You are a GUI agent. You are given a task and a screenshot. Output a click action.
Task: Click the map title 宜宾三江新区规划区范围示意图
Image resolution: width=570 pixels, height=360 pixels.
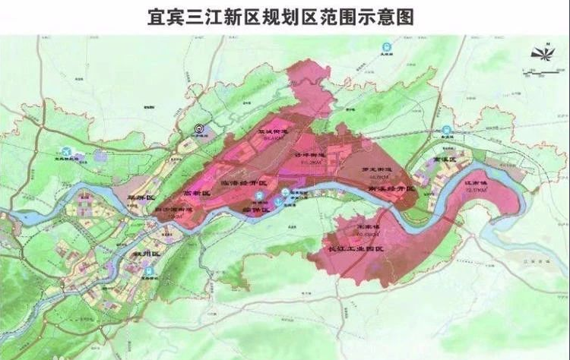tap(285, 17)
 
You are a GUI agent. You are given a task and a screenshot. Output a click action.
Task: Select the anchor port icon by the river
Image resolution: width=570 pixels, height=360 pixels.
tap(260, 195)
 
